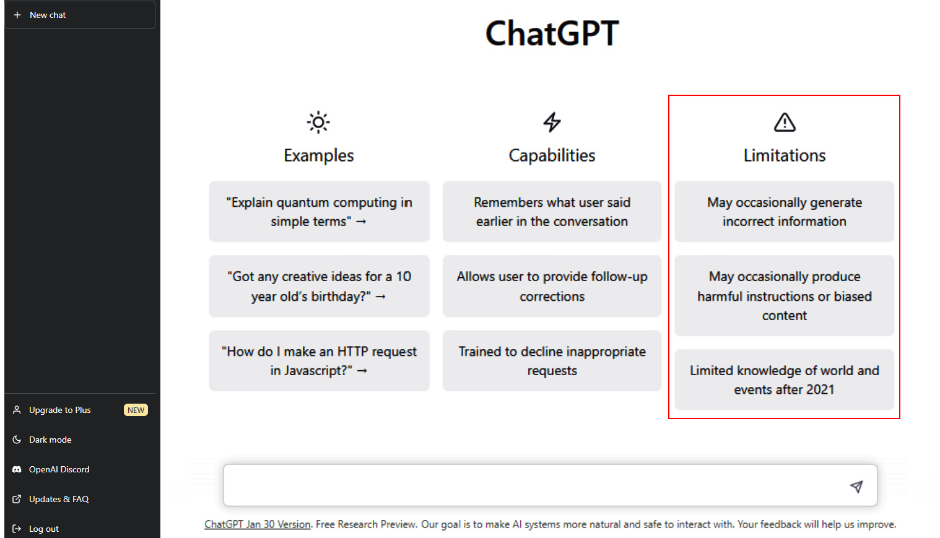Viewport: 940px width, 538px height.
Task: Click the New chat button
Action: [79, 15]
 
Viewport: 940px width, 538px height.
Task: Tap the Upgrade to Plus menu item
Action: [59, 410]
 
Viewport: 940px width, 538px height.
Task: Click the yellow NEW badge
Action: [136, 410]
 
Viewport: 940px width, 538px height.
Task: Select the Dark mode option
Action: [50, 440]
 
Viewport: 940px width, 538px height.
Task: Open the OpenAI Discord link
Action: [59, 469]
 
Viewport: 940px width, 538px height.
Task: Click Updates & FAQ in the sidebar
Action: [58, 499]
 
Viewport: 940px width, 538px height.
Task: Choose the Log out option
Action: [43, 529]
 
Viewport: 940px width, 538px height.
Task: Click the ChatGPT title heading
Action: [552, 33]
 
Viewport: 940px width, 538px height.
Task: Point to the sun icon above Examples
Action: [318, 123]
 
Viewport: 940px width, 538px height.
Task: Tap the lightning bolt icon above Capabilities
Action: [552, 123]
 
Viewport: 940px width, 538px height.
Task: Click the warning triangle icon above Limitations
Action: [785, 123]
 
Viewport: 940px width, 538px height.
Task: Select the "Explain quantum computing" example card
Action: [319, 212]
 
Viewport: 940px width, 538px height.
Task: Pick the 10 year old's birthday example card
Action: [319, 286]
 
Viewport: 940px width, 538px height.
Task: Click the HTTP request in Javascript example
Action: [319, 361]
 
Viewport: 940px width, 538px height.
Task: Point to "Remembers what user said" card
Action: [552, 212]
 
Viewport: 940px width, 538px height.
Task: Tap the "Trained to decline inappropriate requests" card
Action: [552, 361]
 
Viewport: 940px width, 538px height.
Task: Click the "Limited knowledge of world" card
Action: [784, 380]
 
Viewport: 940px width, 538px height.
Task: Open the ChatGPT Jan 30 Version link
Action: [258, 524]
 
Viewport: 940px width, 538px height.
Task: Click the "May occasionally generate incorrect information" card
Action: [784, 212]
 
